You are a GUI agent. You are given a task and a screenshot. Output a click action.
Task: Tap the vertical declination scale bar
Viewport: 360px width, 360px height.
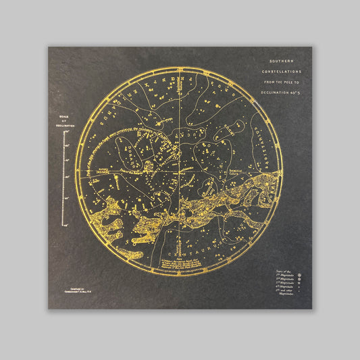[x=65, y=178]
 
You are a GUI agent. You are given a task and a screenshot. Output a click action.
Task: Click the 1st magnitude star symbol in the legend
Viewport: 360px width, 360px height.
[x=298, y=276]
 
